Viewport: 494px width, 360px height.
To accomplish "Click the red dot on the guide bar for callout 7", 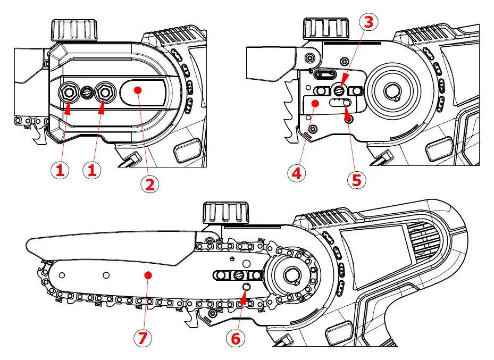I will coord(149,275).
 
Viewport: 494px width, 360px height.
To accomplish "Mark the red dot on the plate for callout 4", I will coord(315,102).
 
